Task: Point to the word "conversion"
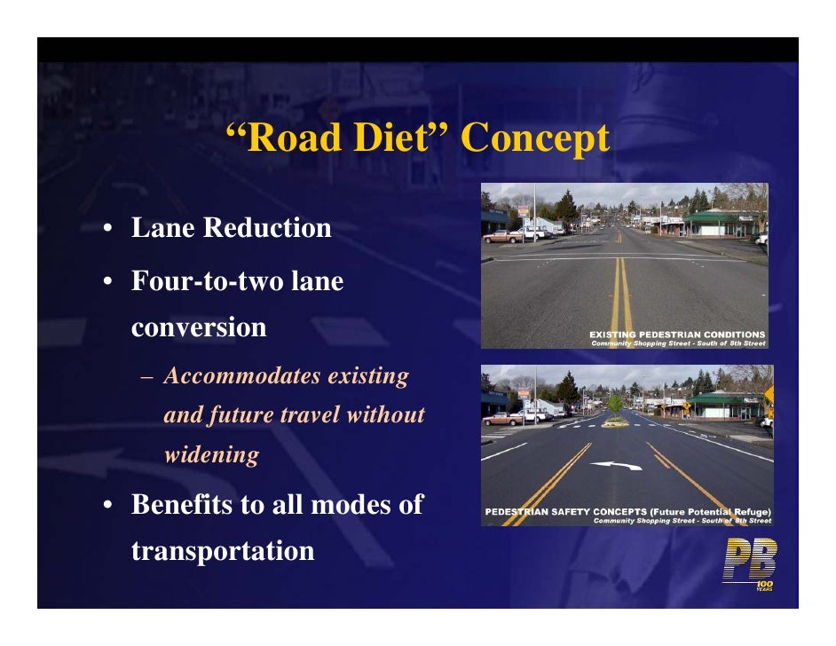[199, 327]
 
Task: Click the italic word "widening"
[211, 455]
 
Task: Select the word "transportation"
[223, 551]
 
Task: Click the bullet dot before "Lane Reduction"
[106, 230]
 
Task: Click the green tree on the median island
[614, 405]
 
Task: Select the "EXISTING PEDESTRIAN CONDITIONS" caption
[676, 335]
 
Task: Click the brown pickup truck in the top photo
[502, 236]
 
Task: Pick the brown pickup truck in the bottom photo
[504, 417]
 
